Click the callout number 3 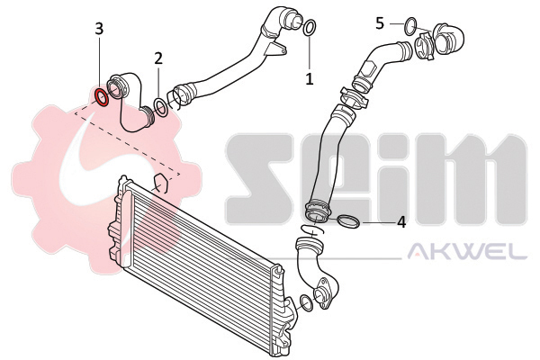(99, 30)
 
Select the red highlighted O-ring (102, 97)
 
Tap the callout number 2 (158, 58)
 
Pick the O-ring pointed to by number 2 (161, 107)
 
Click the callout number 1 (310, 79)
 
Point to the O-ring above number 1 (309, 27)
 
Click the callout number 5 (380, 23)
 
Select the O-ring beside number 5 (410, 26)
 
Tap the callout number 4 (401, 222)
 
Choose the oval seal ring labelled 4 (347, 221)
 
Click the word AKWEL (467, 251)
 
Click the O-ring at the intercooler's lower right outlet (306, 301)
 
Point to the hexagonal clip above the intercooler (160, 184)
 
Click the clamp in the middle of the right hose (354, 98)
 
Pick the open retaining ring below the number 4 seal (312, 229)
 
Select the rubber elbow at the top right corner (447, 39)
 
